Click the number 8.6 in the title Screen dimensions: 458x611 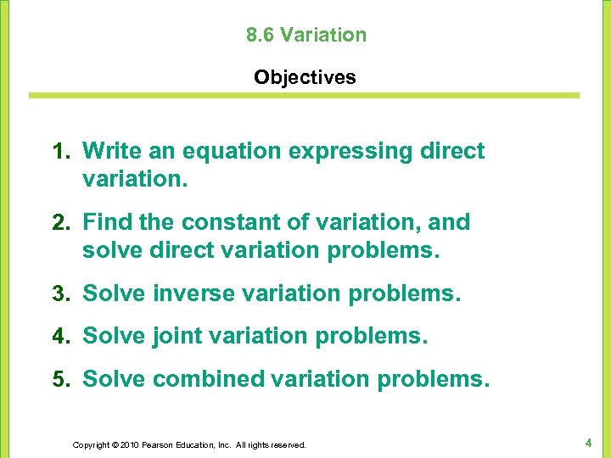[260, 35]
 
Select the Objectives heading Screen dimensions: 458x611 [305, 77]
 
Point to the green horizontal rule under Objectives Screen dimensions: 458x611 [305, 96]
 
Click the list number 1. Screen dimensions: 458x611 [59, 151]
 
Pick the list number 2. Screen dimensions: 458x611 [59, 222]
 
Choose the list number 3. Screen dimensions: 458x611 [59, 294]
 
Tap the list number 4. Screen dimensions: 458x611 [59, 336]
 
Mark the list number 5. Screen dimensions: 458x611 [59, 378]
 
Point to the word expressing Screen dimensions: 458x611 [351, 151]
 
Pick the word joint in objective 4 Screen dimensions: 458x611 [178, 336]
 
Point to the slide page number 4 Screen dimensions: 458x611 [587, 442]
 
